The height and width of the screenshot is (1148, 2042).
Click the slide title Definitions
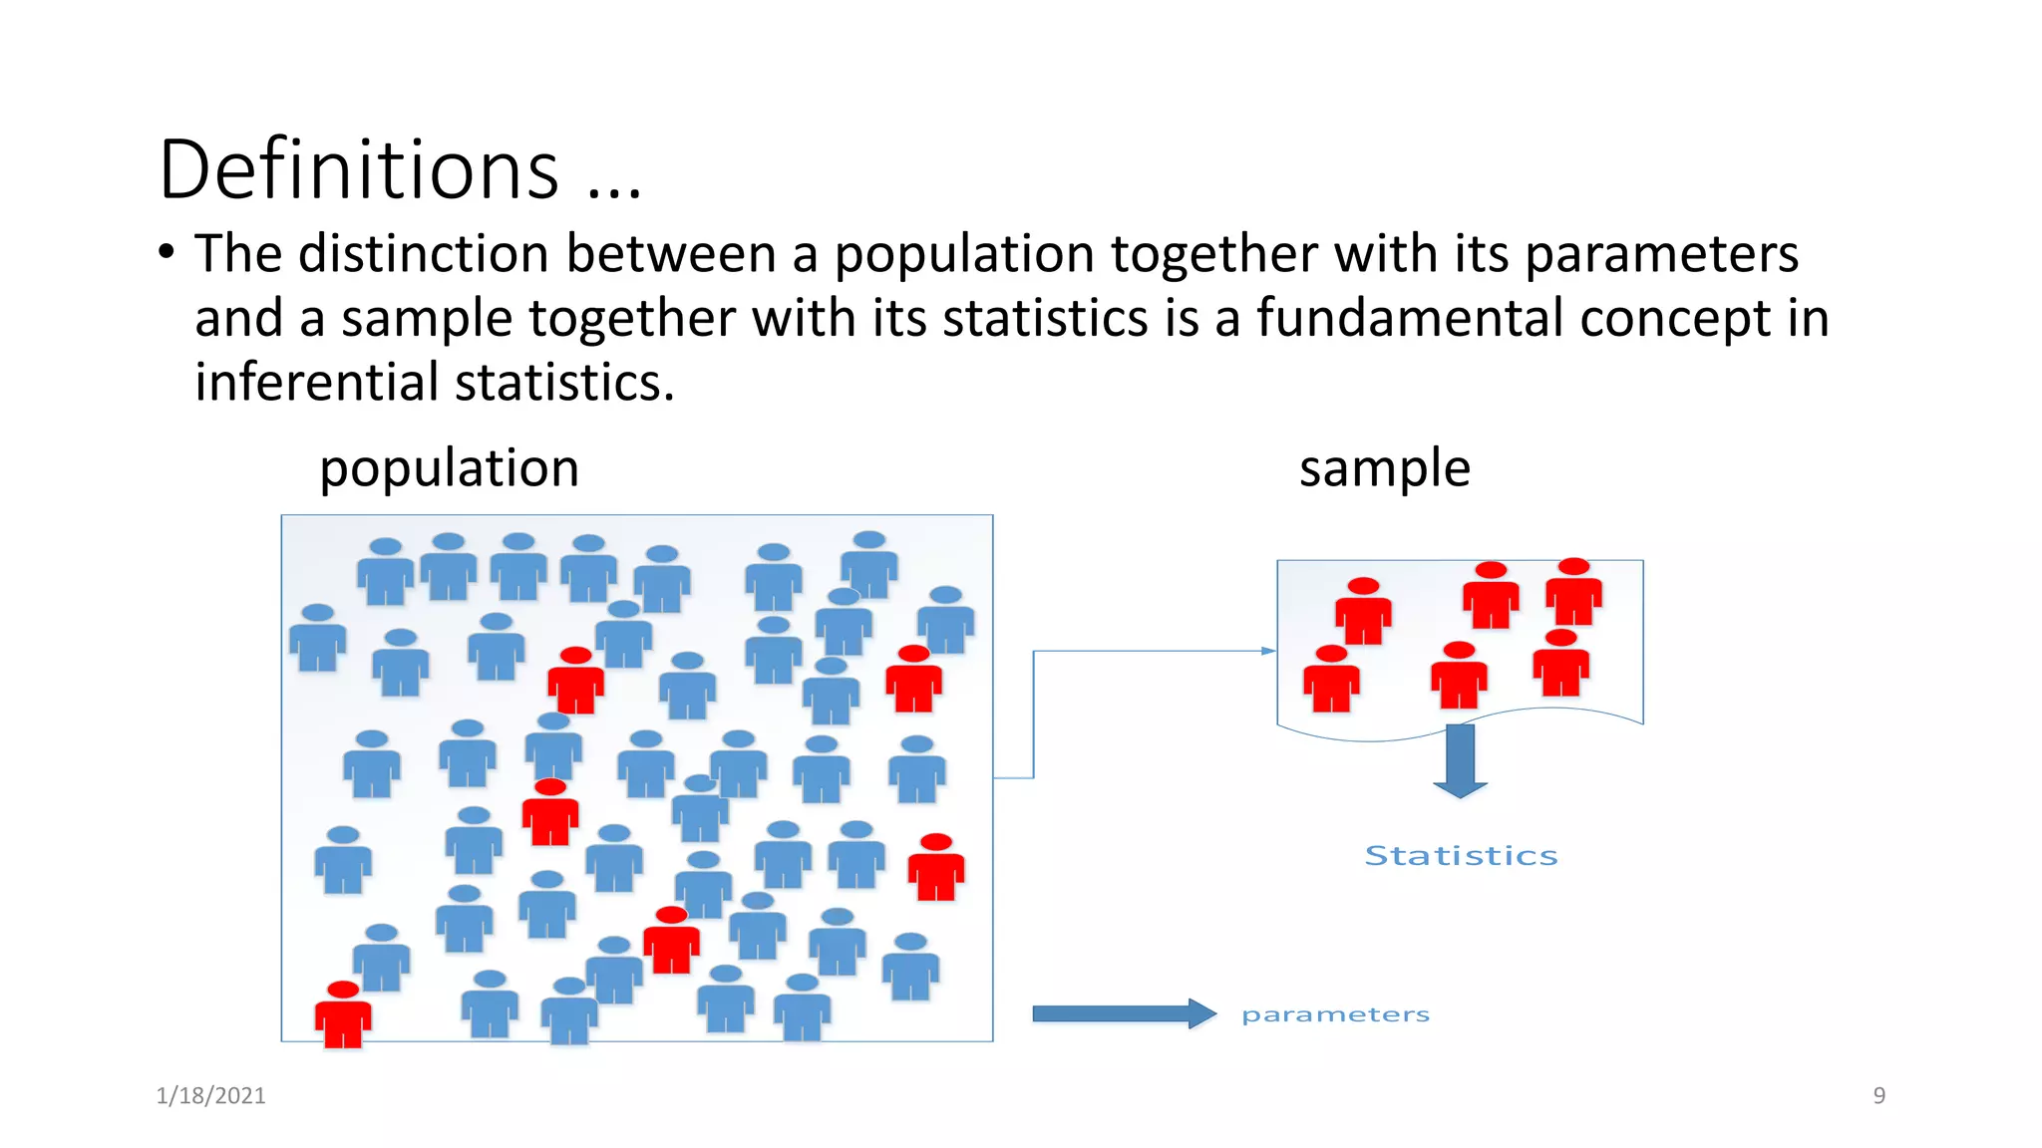tap(359, 169)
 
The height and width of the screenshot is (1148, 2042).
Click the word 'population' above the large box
tap(449, 468)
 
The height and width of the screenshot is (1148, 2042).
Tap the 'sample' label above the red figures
tap(1384, 468)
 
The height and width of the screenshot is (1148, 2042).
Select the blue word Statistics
tap(1461, 856)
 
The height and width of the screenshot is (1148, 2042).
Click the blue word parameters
tap(1335, 1014)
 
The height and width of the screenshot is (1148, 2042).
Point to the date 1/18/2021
tap(210, 1095)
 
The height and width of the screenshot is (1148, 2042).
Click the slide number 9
tap(1878, 1095)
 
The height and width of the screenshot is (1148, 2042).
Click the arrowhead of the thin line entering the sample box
tap(1268, 651)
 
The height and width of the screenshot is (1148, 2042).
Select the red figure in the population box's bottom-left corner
tap(343, 1014)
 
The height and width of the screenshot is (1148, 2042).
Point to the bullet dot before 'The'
tap(167, 251)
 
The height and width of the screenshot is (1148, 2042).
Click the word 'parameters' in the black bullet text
tap(1661, 255)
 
